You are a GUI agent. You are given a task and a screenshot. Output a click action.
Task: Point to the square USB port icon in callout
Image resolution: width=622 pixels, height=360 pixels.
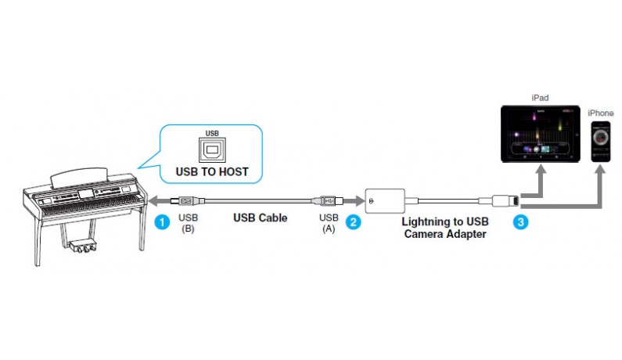click(209, 149)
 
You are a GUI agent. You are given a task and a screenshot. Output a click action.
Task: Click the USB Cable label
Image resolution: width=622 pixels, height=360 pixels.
click(261, 218)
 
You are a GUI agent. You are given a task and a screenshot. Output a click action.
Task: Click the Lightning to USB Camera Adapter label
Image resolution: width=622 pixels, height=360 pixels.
click(446, 228)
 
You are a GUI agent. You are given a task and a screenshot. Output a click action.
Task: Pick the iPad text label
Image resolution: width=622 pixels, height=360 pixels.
click(540, 98)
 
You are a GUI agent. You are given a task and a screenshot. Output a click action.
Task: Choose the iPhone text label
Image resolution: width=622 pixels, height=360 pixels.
click(601, 113)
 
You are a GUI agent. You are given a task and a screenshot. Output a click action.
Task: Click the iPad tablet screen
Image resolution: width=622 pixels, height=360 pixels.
click(540, 135)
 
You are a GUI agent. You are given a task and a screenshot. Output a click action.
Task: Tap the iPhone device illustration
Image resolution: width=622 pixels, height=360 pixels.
click(601, 142)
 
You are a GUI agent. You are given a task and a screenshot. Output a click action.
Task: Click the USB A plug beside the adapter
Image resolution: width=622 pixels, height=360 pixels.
click(328, 200)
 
